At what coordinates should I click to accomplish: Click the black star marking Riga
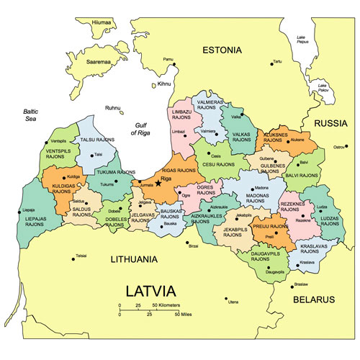[158, 184]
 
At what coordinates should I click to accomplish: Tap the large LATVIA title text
[150, 292]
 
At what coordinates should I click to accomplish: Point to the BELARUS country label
[314, 298]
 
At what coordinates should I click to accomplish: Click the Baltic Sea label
[30, 116]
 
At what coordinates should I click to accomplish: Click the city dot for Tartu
[271, 63]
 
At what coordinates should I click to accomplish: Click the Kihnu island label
[165, 84]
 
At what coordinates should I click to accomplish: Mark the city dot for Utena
[226, 298]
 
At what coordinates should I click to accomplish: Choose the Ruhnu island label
[113, 108]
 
